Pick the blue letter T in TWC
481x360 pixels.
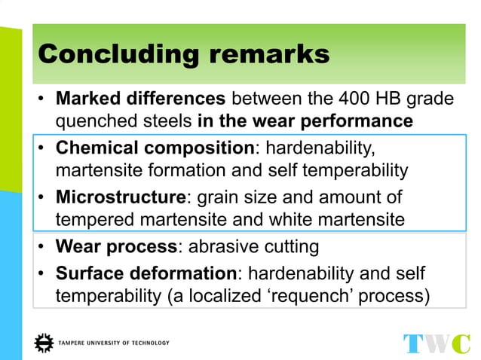click(x=415, y=343)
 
